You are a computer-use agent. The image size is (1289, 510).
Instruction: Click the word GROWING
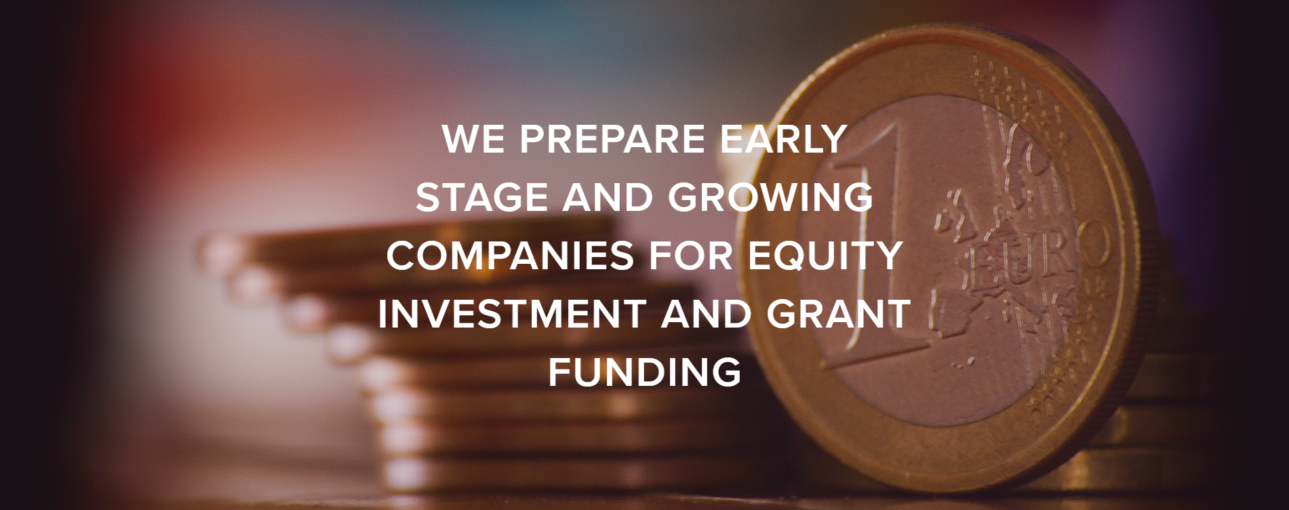coord(770,197)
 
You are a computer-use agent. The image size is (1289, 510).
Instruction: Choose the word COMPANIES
coord(511,256)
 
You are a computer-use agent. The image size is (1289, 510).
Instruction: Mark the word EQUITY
coord(825,256)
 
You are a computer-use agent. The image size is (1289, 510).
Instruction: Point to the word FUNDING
coord(644,372)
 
